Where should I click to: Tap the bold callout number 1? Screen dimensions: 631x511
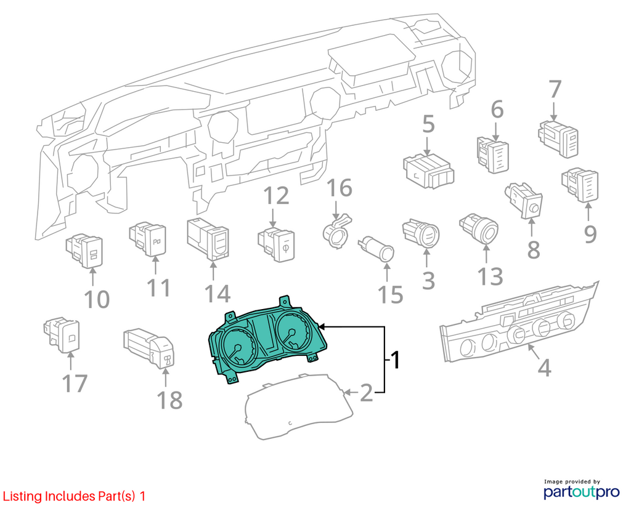click(x=396, y=360)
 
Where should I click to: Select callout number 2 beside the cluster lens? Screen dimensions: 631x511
click(x=367, y=393)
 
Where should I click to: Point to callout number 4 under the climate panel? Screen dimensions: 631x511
click(x=545, y=367)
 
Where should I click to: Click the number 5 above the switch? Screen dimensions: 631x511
click(x=429, y=124)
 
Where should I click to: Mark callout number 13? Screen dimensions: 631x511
click(x=491, y=276)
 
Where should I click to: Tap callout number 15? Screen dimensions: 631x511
click(x=391, y=295)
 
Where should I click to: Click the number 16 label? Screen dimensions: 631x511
click(x=340, y=188)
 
